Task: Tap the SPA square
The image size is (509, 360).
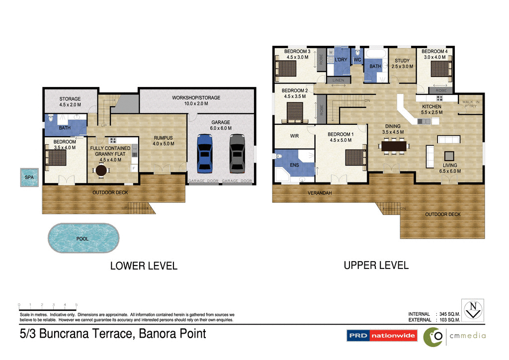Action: tap(29, 178)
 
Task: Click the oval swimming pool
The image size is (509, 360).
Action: tap(84, 239)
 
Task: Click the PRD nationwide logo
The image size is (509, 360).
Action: tap(382, 336)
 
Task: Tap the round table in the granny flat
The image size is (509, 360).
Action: tap(101, 171)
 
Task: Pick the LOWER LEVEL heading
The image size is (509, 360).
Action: tap(144, 266)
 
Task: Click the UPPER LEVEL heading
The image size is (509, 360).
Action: tap(376, 266)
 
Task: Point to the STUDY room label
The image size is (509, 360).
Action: tap(403, 64)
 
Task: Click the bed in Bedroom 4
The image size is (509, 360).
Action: tap(440, 69)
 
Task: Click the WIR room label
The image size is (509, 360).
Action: tap(294, 136)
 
